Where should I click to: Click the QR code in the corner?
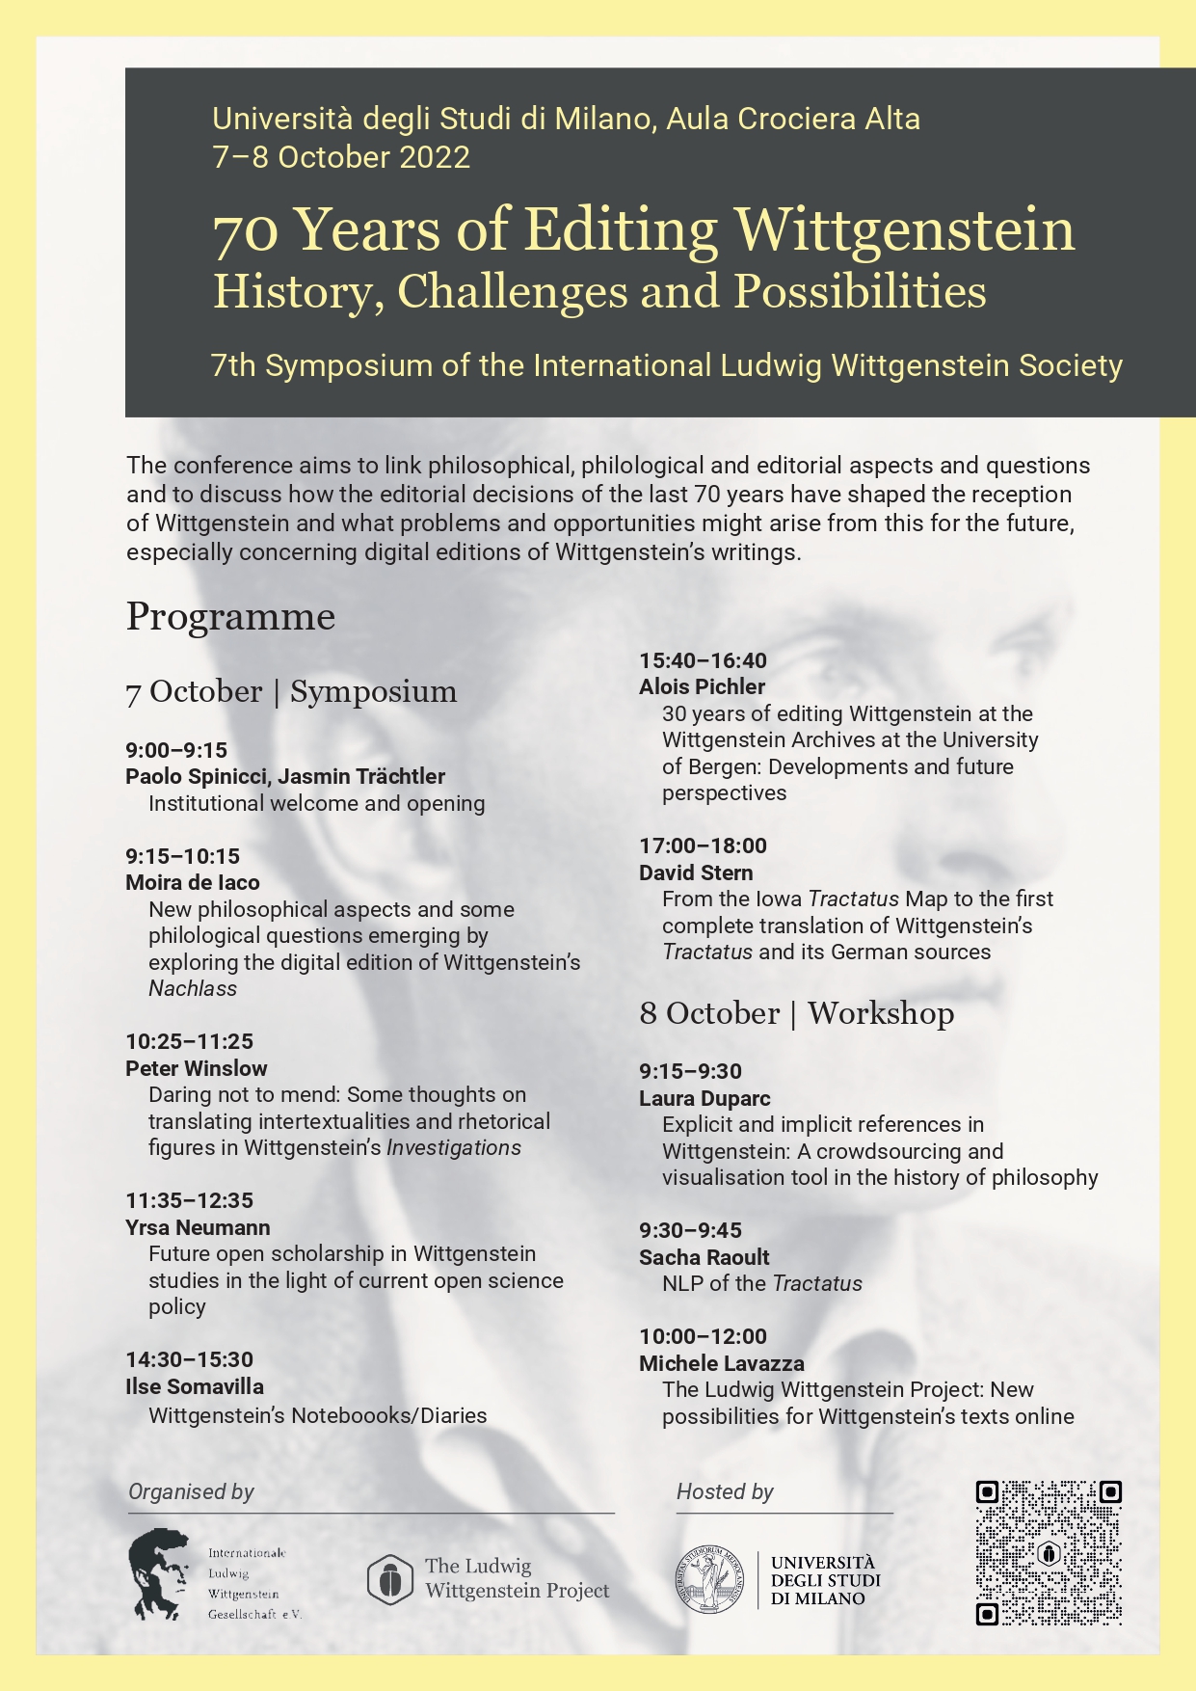(x=1049, y=1553)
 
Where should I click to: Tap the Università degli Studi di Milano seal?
(x=709, y=1579)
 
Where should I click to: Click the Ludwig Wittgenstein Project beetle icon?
(x=390, y=1579)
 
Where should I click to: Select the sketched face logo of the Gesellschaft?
(x=158, y=1573)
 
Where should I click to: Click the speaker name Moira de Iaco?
(x=193, y=882)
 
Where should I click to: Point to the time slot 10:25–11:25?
(x=189, y=1041)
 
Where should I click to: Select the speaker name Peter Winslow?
(x=197, y=1068)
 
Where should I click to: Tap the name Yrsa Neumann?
(x=198, y=1227)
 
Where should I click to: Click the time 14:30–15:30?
(x=189, y=1359)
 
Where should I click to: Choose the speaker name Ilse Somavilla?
(x=195, y=1386)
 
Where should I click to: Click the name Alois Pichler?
(x=702, y=686)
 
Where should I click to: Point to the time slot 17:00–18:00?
(x=703, y=845)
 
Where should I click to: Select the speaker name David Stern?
(x=696, y=872)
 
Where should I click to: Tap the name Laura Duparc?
(x=704, y=1098)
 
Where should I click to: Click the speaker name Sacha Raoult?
(x=704, y=1257)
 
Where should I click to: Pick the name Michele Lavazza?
(x=721, y=1363)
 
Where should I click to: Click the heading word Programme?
(x=230, y=616)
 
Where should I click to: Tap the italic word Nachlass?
(x=193, y=988)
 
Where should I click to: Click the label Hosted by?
(x=725, y=1491)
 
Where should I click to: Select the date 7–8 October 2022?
(x=341, y=157)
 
